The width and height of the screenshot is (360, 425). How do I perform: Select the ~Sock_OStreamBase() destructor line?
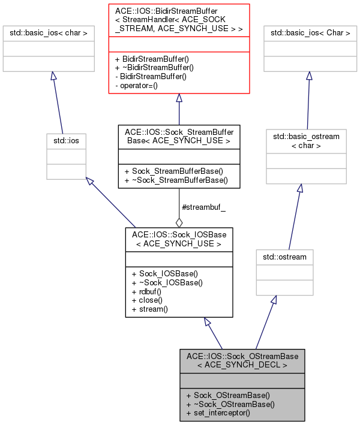tap(231, 404)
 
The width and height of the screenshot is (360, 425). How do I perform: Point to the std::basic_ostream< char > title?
tap(306, 140)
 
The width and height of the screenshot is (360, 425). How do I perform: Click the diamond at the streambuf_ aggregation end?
tap(179, 222)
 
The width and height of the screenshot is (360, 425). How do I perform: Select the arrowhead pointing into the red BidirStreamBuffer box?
tap(179, 98)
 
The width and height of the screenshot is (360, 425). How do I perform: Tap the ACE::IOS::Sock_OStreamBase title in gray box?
tap(242, 360)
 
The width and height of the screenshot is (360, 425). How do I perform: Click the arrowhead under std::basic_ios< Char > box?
tap(309, 76)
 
